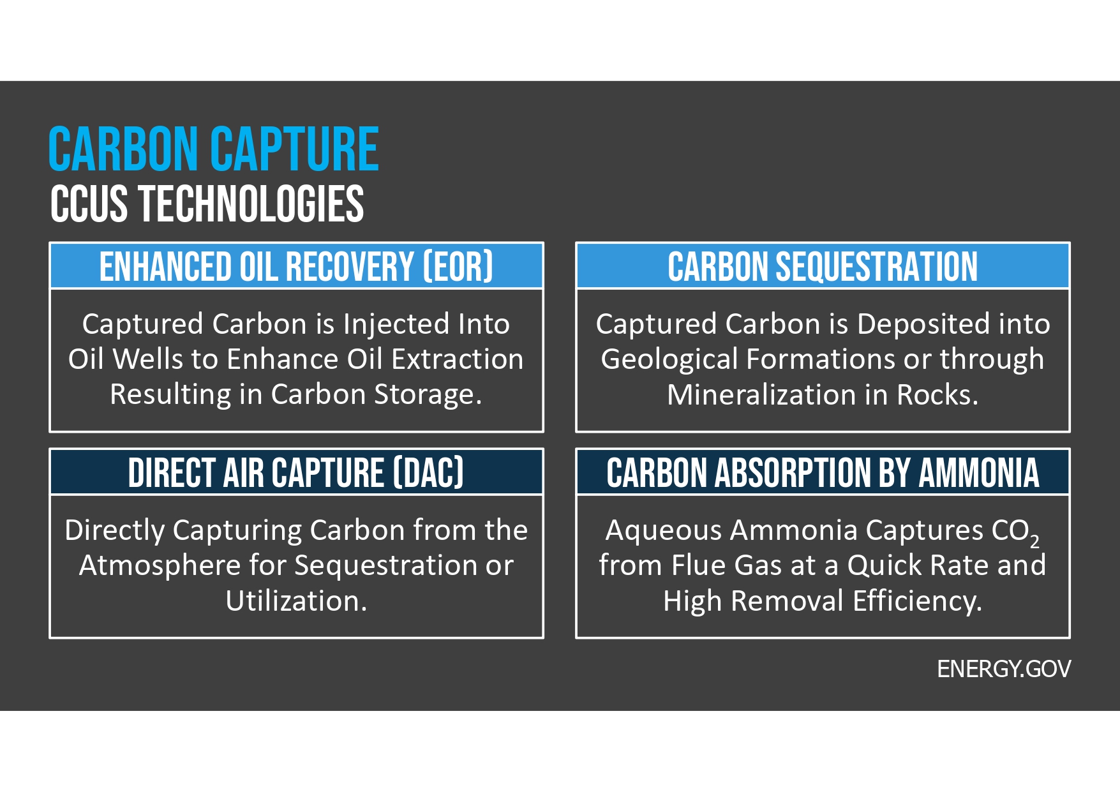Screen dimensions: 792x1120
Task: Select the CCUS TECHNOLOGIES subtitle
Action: pyautogui.click(x=207, y=204)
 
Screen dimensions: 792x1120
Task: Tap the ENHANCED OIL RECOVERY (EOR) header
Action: pyautogui.click(x=296, y=266)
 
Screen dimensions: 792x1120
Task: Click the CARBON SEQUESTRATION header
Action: pyautogui.click(x=823, y=266)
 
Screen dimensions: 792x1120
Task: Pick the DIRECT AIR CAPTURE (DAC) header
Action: pyautogui.click(x=296, y=473)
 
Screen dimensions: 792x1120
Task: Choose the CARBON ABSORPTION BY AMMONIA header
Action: pyautogui.click(x=823, y=473)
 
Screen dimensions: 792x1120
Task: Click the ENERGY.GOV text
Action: pyautogui.click(x=1003, y=669)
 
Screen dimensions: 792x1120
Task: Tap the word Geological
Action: pyautogui.click(x=669, y=359)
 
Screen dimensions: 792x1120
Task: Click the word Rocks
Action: pyautogui.click(x=937, y=395)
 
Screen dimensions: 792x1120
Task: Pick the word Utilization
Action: pyautogui.click(x=296, y=601)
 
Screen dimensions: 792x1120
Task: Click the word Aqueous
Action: pyautogui.click(x=664, y=530)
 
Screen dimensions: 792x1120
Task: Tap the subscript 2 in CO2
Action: pyautogui.click(x=1034, y=542)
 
